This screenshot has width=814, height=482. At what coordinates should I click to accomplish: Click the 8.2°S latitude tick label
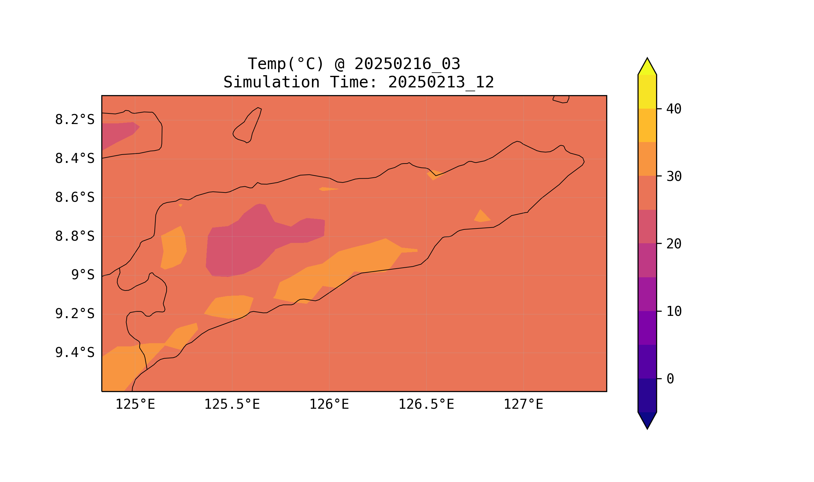(x=74, y=120)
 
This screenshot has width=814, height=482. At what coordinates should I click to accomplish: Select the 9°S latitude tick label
(x=83, y=275)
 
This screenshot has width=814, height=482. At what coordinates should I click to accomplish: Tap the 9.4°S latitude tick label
(x=74, y=353)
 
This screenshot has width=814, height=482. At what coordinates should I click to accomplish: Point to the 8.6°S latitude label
(x=74, y=198)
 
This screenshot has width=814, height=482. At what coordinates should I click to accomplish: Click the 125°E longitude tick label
(x=135, y=405)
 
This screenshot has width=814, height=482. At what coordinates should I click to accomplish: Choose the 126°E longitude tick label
(x=329, y=405)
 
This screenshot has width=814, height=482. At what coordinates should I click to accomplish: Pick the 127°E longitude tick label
(x=523, y=405)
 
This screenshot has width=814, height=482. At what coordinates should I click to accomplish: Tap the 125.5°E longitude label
(x=232, y=405)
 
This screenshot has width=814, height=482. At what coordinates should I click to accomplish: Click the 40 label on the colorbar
(x=674, y=109)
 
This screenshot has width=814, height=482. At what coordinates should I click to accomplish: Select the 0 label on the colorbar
(x=670, y=379)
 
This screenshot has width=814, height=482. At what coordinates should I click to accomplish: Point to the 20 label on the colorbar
(x=674, y=244)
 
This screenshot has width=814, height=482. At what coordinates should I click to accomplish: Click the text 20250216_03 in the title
(x=407, y=64)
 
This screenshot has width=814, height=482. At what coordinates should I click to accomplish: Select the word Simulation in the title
(x=271, y=82)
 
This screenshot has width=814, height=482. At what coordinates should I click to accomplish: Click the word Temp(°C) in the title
(x=286, y=64)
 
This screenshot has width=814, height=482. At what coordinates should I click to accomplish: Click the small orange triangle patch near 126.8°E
(x=482, y=217)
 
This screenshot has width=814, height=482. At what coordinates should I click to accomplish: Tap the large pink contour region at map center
(x=253, y=242)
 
